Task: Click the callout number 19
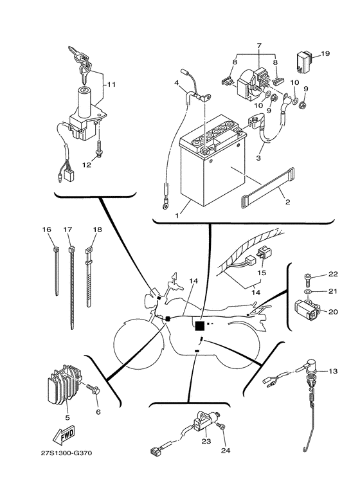[325, 54]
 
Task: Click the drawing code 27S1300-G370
[64, 453]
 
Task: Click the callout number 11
[111, 84]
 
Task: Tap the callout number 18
[97, 230]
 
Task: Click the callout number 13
[333, 372]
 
